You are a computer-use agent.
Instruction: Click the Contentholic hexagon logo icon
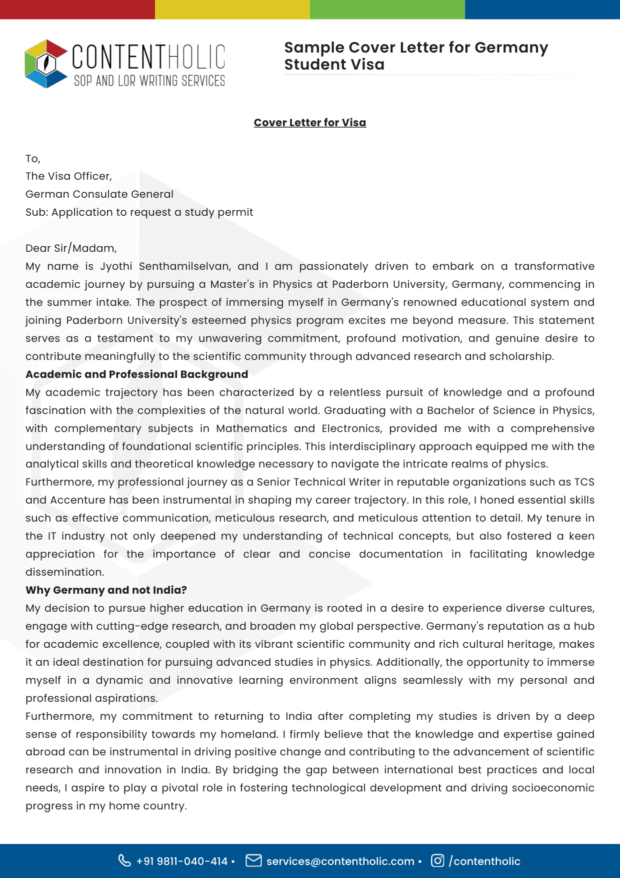tap(46, 64)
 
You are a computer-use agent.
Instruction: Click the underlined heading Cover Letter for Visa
tap(309, 123)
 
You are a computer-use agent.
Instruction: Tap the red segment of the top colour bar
tap(77, 10)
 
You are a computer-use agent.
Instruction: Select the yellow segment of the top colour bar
tap(232, 10)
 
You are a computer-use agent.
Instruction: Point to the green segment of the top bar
tap(387, 10)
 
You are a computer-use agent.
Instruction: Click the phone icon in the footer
tap(124, 860)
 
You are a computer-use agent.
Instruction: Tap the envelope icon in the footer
tap(253, 860)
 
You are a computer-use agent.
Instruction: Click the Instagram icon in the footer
tap(437, 860)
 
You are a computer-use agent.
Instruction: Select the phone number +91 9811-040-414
tap(182, 861)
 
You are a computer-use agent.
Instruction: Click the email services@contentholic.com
tap(340, 861)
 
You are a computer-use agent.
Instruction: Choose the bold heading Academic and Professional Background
tap(136, 374)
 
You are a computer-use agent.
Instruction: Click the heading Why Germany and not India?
tap(106, 590)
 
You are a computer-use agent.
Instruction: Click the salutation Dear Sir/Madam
tap(71, 248)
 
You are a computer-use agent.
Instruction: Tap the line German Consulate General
tap(99, 194)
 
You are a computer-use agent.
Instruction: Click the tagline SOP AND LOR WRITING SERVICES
tap(149, 81)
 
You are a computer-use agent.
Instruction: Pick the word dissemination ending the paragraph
tap(64, 572)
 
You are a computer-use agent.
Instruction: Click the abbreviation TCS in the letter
tap(584, 482)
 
